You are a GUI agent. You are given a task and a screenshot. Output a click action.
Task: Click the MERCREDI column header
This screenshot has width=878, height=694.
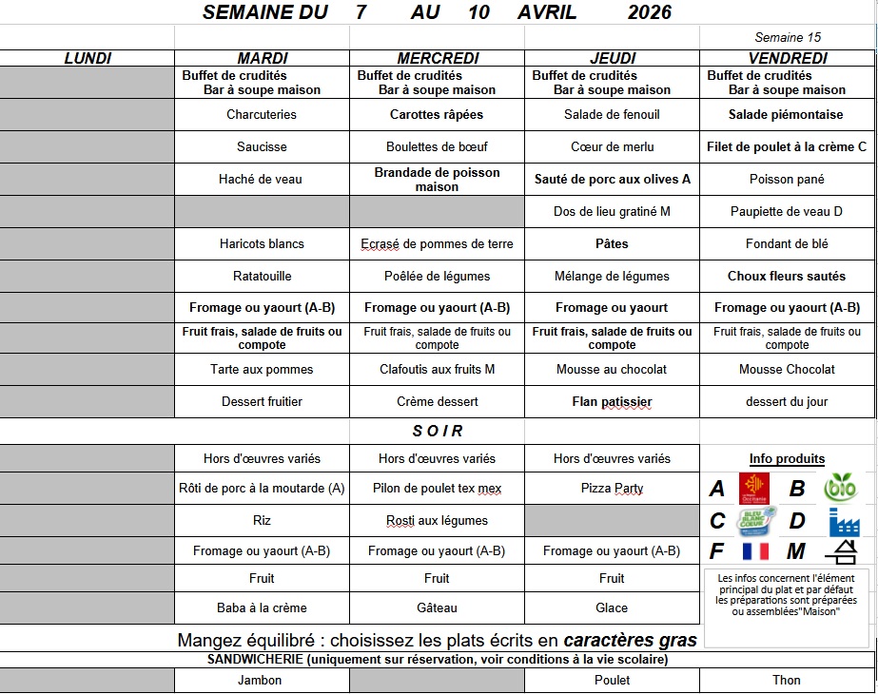tap(438, 58)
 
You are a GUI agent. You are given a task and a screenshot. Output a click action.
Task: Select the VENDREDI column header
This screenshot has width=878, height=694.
tap(787, 58)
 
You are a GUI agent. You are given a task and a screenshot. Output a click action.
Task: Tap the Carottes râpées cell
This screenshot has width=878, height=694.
tap(437, 114)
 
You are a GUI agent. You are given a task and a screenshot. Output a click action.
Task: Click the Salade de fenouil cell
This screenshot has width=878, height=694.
tap(612, 114)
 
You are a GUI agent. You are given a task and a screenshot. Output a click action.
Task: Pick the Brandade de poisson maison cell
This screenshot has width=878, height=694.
tap(437, 180)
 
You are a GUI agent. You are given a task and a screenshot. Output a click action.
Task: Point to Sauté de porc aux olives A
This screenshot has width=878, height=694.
tap(612, 179)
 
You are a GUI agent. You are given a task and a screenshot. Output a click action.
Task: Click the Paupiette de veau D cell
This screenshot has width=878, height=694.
tap(787, 211)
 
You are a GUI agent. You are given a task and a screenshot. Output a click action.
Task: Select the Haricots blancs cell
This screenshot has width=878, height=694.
tap(262, 243)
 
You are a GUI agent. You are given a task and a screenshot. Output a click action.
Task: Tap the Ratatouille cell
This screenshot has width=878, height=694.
tap(262, 276)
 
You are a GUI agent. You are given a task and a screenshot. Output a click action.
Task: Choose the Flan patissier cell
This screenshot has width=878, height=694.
tap(612, 401)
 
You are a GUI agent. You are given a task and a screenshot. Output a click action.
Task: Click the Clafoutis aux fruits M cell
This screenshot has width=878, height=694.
tap(437, 369)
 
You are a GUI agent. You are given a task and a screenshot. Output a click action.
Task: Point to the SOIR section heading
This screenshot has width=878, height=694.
tap(438, 431)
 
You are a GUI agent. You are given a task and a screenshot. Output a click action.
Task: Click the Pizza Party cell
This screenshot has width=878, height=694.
tap(612, 489)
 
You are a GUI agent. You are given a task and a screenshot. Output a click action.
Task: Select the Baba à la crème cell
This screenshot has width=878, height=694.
tap(262, 607)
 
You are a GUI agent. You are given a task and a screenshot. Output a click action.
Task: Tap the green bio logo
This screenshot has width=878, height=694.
tap(840, 489)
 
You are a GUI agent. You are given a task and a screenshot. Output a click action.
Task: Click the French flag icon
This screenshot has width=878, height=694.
tap(754, 551)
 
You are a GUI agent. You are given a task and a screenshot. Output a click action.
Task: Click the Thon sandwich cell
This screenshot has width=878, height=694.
tap(787, 680)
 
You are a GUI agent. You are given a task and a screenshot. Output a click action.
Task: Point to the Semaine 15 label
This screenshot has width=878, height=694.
tap(787, 38)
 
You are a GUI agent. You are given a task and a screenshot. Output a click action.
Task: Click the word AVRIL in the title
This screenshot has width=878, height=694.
tap(548, 12)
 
